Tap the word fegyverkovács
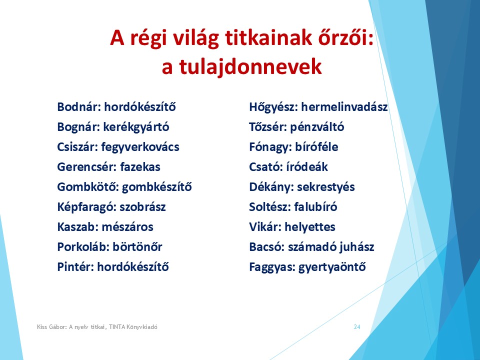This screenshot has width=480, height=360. (140, 147)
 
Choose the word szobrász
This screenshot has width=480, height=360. (142, 207)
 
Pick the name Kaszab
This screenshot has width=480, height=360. (78, 227)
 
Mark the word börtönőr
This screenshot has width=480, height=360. (137, 246)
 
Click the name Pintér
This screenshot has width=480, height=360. (75, 266)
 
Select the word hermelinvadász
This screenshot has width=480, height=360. (344, 107)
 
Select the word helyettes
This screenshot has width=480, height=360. (310, 227)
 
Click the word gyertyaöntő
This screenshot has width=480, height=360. (332, 267)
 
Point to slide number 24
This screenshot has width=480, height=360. (357, 327)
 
